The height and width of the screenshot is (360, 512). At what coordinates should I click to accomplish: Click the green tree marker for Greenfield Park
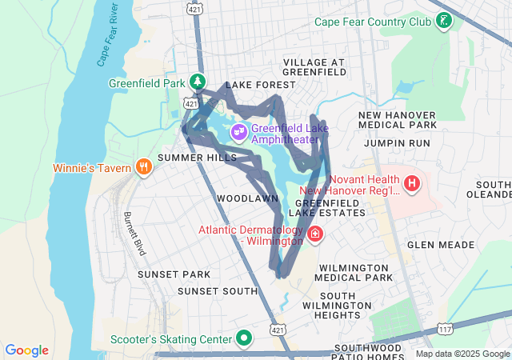[x=197, y=82]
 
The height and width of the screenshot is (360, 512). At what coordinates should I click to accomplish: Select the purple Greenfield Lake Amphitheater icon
[x=238, y=131]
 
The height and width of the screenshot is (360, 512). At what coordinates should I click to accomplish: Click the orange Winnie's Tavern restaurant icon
[x=144, y=167]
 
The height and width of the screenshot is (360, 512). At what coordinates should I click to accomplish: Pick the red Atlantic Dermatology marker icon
[x=316, y=234]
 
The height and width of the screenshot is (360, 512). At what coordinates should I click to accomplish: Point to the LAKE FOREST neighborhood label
[x=254, y=85]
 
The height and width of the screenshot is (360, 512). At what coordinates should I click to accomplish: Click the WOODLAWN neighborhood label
[x=247, y=198]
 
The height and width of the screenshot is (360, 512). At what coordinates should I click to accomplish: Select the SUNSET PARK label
[x=173, y=274]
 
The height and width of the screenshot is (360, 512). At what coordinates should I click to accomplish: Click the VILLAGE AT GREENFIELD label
[x=314, y=66]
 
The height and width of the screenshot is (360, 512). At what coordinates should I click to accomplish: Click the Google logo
[x=27, y=350]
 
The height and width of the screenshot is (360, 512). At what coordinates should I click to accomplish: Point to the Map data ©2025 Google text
[x=462, y=354]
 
